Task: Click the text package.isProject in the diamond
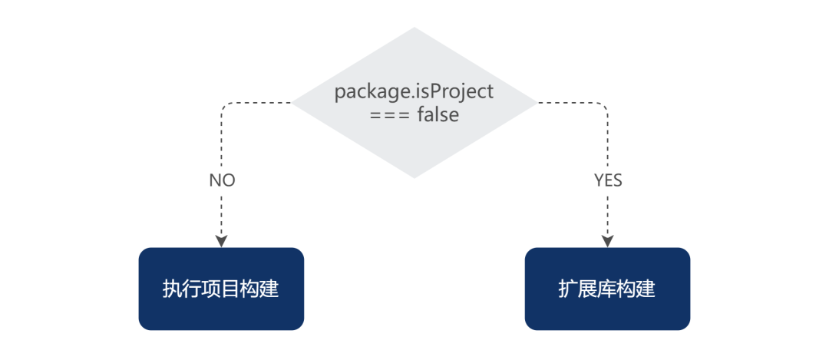[x=414, y=91]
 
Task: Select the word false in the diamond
[x=438, y=115]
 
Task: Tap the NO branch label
[x=222, y=180]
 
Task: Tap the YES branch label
[x=608, y=180]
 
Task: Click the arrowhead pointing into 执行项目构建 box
[x=222, y=240]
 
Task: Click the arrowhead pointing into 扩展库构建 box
[x=608, y=240]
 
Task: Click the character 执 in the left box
[x=172, y=289]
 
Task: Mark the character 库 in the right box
[x=607, y=289]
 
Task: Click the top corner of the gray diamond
[x=414, y=28]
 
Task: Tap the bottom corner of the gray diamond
[x=414, y=177]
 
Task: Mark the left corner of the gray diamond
[x=293, y=103]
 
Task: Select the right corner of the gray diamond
[x=536, y=103]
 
